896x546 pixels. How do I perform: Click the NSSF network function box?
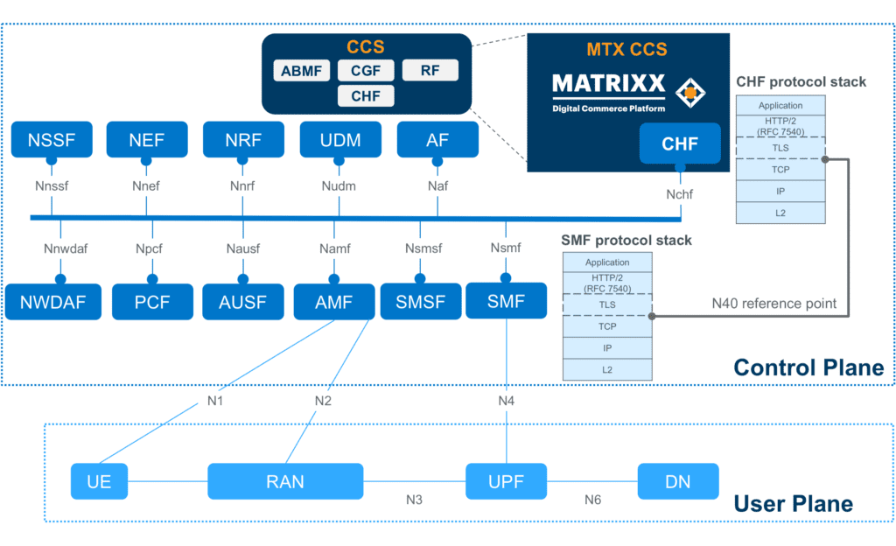point(51,141)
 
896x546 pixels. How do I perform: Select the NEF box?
point(146,141)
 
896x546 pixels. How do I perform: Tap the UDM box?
point(340,141)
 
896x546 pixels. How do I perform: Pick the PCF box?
point(152,303)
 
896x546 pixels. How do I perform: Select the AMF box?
point(332,303)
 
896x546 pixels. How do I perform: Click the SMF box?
point(506,303)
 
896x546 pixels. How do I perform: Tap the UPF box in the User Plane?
point(506,482)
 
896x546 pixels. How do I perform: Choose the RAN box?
point(284,482)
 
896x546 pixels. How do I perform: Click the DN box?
point(678,482)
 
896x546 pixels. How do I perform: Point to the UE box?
point(99,482)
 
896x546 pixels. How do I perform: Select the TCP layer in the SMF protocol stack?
point(607,325)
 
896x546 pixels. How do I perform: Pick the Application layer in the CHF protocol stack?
point(780,106)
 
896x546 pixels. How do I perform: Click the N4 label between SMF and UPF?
point(506,401)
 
